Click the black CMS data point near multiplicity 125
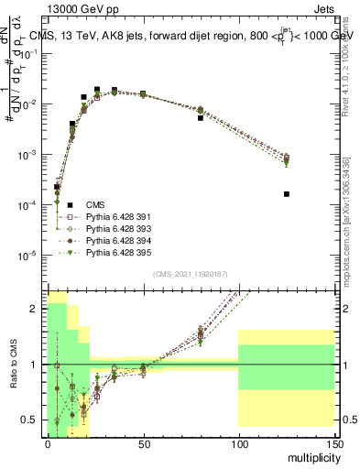tap(287, 194)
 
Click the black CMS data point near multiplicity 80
tap(201, 118)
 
